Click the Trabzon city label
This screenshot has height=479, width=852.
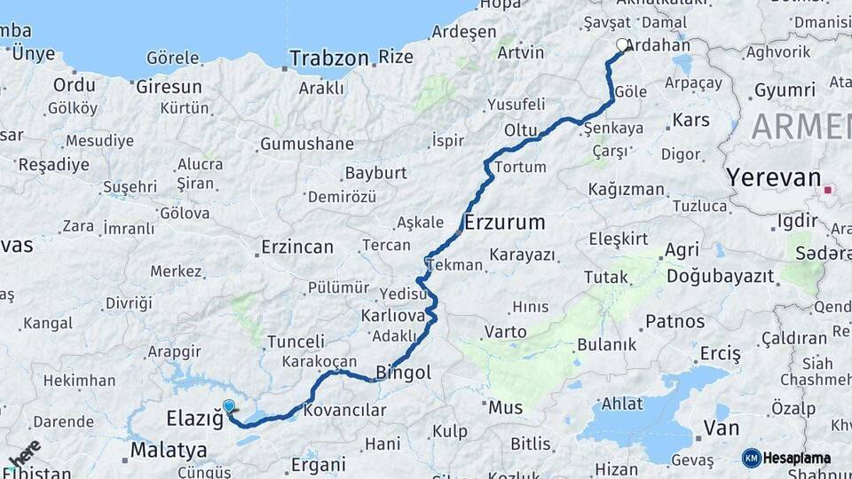[328, 59]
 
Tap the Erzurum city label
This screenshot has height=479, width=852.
[504, 222]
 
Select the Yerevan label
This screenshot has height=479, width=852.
[774, 177]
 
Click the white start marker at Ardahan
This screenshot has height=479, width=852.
[622, 43]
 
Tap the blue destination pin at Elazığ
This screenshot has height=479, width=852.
[229, 407]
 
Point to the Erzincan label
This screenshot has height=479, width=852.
[297, 247]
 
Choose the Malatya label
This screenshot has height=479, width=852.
[169, 450]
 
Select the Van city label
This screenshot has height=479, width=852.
[721, 428]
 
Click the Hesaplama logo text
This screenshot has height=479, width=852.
[797, 459]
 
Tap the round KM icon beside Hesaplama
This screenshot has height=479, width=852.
[751, 459]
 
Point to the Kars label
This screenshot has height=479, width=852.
[691, 119]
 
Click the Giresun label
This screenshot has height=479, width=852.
[169, 87]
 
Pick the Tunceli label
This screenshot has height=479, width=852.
[296, 342]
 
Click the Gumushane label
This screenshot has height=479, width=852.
[307, 144]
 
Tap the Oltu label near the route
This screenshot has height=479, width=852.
[521, 130]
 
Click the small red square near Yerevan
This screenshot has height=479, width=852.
[828, 189]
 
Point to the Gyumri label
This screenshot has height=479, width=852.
[785, 90]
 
